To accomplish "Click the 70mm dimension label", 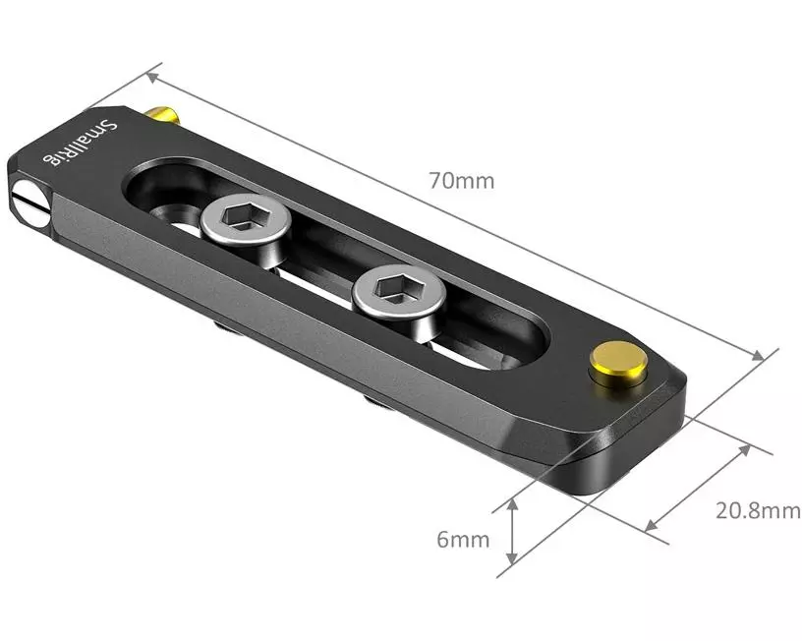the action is pyautogui.click(x=462, y=181).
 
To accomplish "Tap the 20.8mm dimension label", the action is pyautogui.click(x=758, y=510).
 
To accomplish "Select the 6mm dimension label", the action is pyautogui.click(x=463, y=539).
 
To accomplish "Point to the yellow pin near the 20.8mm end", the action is pyautogui.click(x=618, y=364).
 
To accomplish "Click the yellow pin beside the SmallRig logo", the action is pyautogui.click(x=163, y=115).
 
